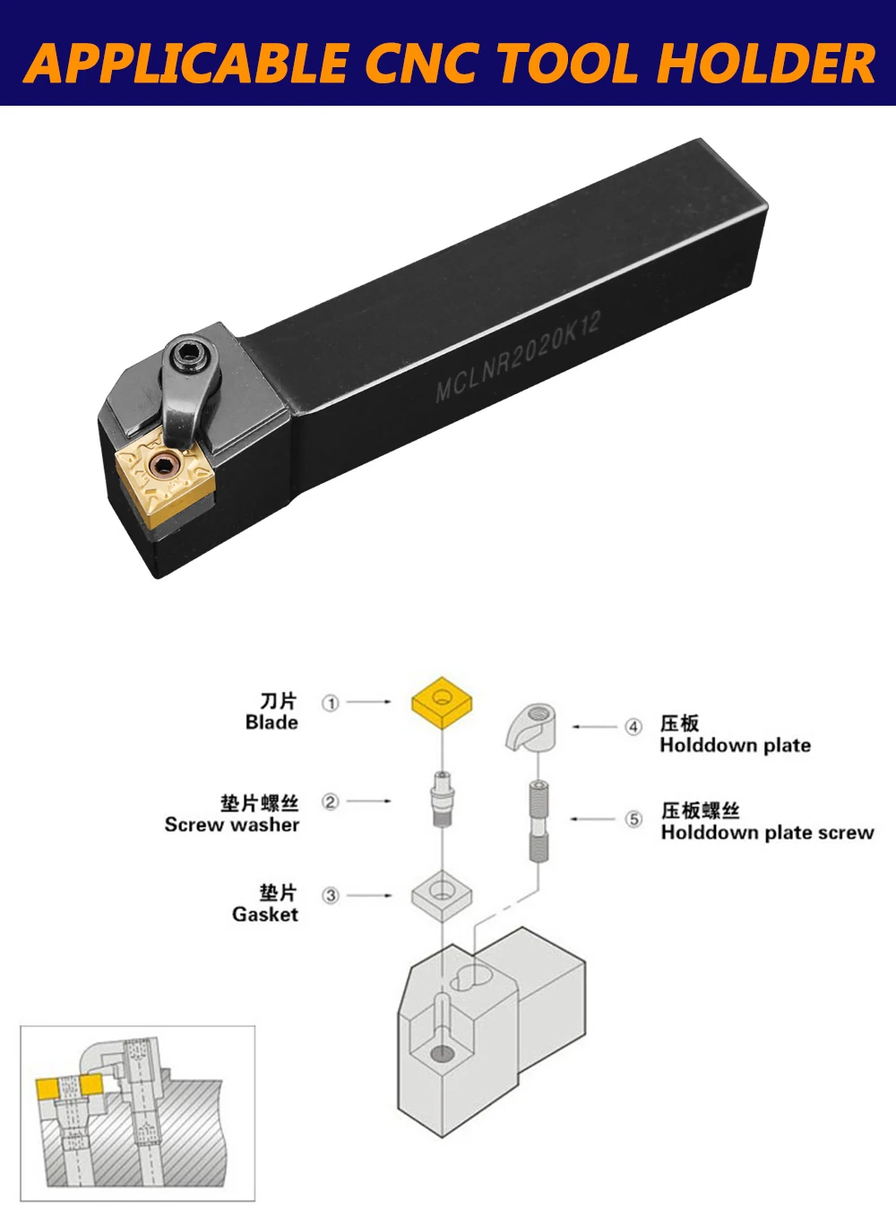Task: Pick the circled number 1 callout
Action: pos(331,703)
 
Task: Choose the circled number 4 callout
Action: pos(633,727)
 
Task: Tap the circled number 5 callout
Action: pos(633,819)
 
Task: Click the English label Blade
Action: pos(271,722)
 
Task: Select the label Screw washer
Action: pos(232,824)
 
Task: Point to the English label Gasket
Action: pos(265,915)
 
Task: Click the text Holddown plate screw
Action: pos(767,832)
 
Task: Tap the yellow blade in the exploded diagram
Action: pos(442,703)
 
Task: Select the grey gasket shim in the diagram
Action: pos(442,896)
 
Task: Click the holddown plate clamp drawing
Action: pos(530,727)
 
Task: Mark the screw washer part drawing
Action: pos(443,799)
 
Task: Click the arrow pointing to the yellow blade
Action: pos(368,702)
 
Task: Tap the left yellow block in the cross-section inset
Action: pos(47,1090)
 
